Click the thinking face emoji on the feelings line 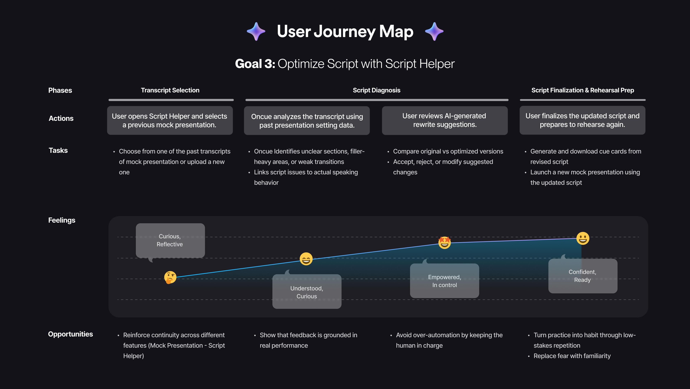[x=170, y=277]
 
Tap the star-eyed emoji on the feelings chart [x=444, y=242]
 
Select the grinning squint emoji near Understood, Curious [x=306, y=259]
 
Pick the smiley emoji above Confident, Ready [x=583, y=238]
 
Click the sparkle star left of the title [x=256, y=31]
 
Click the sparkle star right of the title [x=434, y=31]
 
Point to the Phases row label [x=60, y=90]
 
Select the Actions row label [x=61, y=118]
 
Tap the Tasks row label [x=58, y=150]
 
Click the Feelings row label [x=62, y=220]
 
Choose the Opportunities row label [x=70, y=334]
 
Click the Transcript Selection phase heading [x=170, y=90]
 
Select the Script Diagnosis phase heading [x=376, y=90]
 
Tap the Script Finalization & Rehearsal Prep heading [x=583, y=90]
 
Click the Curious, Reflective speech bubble [x=170, y=240]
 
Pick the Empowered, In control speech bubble [x=444, y=281]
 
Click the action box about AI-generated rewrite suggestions [x=445, y=120]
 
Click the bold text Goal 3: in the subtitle [x=255, y=64]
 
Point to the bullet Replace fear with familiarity [x=572, y=356]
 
